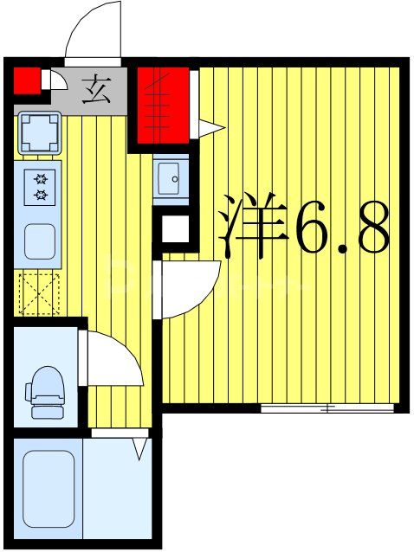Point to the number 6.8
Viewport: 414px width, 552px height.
click(340, 227)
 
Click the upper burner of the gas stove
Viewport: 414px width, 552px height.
click(39, 180)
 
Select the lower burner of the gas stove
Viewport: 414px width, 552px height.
click(39, 195)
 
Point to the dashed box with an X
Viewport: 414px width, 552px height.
click(38, 292)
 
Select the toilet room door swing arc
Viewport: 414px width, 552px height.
click(113, 360)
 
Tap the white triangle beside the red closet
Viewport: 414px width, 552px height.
click(212, 127)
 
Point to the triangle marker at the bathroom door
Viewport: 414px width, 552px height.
click(139, 448)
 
